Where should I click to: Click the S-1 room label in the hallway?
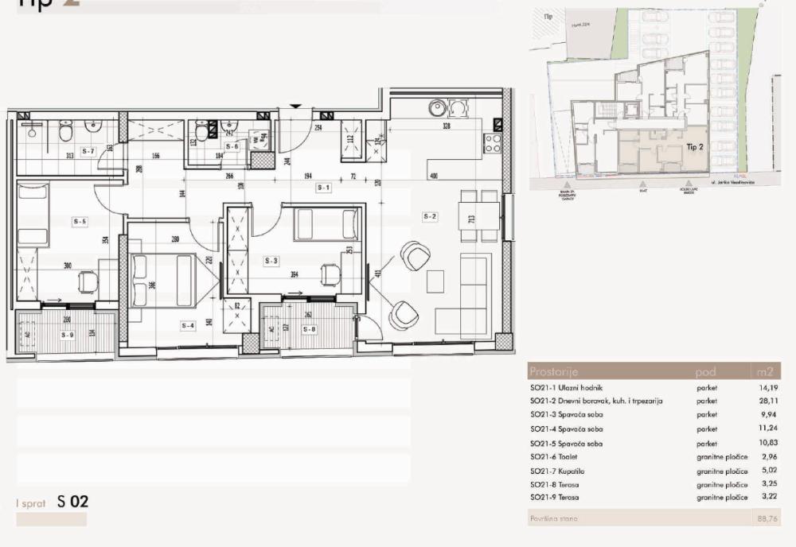[x=323, y=188]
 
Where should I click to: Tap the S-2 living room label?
[x=431, y=216]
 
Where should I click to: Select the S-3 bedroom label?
[x=272, y=260]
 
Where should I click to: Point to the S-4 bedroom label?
[x=188, y=324]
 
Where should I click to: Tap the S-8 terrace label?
[x=310, y=328]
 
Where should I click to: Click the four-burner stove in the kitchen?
[x=493, y=143]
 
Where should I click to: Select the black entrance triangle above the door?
[x=296, y=106]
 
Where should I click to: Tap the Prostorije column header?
[x=554, y=371]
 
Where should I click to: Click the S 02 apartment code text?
[x=72, y=502]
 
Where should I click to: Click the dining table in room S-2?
[x=478, y=215]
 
